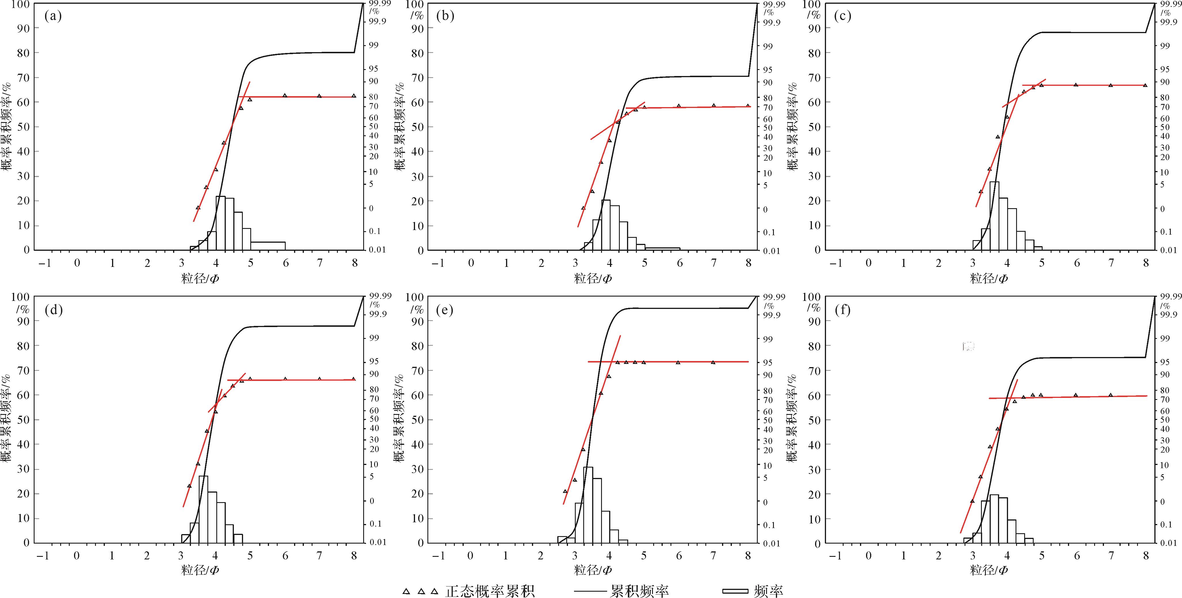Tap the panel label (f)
pos(842,310)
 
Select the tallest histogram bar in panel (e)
pos(588,504)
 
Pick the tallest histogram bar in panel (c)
pos(994,216)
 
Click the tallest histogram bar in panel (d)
pos(203,509)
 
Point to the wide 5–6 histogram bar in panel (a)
pos(268,246)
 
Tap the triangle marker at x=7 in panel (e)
pos(713,362)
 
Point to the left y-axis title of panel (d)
pos(6,419)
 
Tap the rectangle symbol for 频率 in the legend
pos(735,591)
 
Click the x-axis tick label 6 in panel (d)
pos(285,556)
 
